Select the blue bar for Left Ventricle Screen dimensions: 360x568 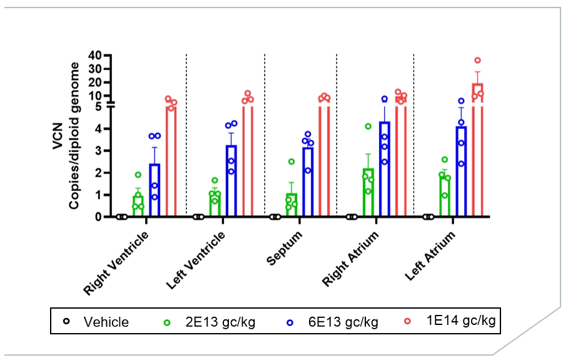click(x=231, y=182)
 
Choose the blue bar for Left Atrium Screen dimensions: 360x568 click(x=461, y=172)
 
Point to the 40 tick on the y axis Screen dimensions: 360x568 click(x=94, y=55)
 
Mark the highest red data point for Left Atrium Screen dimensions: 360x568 click(x=477, y=61)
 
